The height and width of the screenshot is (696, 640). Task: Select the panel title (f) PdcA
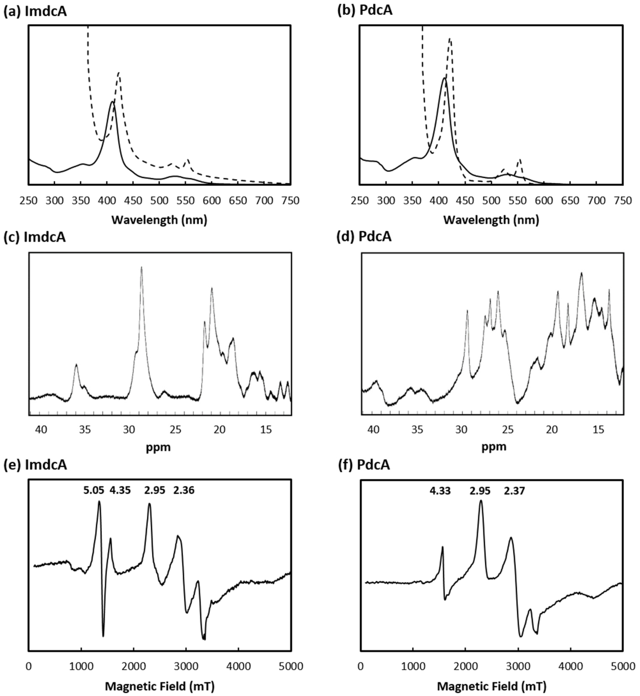point(364,465)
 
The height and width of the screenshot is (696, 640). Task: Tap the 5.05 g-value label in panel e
point(93,490)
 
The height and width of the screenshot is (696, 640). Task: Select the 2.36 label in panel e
point(184,490)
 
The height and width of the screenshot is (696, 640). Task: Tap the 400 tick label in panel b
point(439,201)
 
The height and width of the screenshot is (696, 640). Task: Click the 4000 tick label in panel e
point(238,666)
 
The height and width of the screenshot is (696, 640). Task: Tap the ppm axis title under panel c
point(158,447)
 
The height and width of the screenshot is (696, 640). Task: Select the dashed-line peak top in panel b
point(450,39)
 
